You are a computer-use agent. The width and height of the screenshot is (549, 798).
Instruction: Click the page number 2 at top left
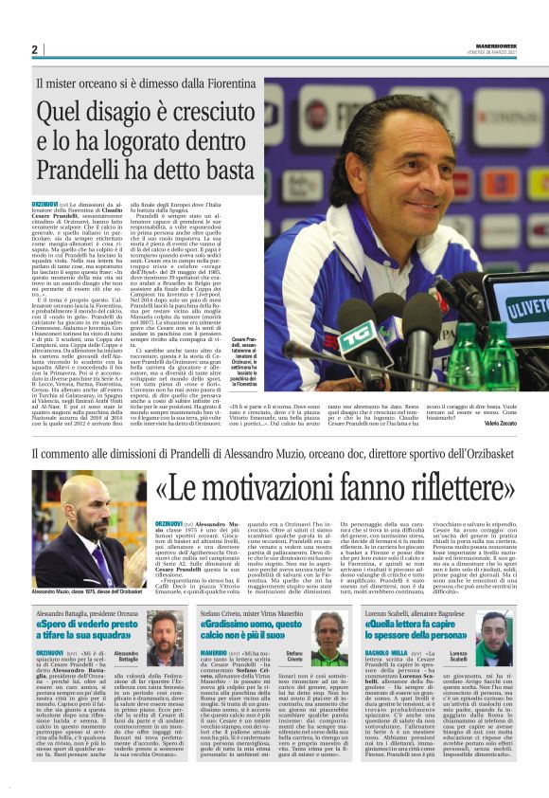(34, 49)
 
